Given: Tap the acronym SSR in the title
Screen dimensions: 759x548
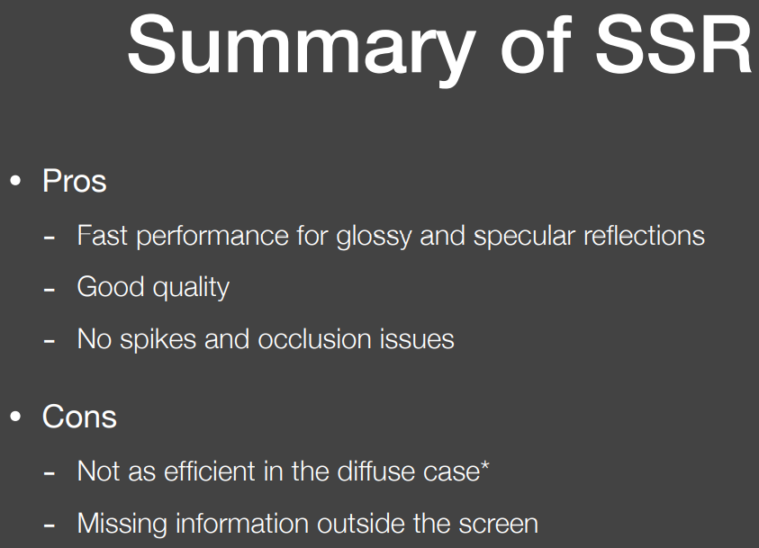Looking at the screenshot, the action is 673,45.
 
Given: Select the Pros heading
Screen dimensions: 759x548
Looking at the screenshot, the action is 75,182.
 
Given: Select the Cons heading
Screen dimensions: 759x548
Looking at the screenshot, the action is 79,417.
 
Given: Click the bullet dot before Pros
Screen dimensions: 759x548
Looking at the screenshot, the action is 15,181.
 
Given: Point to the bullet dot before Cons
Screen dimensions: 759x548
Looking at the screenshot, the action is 15,417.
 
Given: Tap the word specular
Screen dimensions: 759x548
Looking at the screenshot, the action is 524,238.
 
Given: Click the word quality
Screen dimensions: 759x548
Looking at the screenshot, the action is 191,289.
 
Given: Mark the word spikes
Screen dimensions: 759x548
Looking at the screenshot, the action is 158,340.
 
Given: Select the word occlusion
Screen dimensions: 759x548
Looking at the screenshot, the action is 314,338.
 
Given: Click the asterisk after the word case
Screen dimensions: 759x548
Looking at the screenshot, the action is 484,467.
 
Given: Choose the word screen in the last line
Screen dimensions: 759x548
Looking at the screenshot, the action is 499,525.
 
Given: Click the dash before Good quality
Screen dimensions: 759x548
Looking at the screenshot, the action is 49,290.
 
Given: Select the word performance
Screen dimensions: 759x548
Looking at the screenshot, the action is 212,238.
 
